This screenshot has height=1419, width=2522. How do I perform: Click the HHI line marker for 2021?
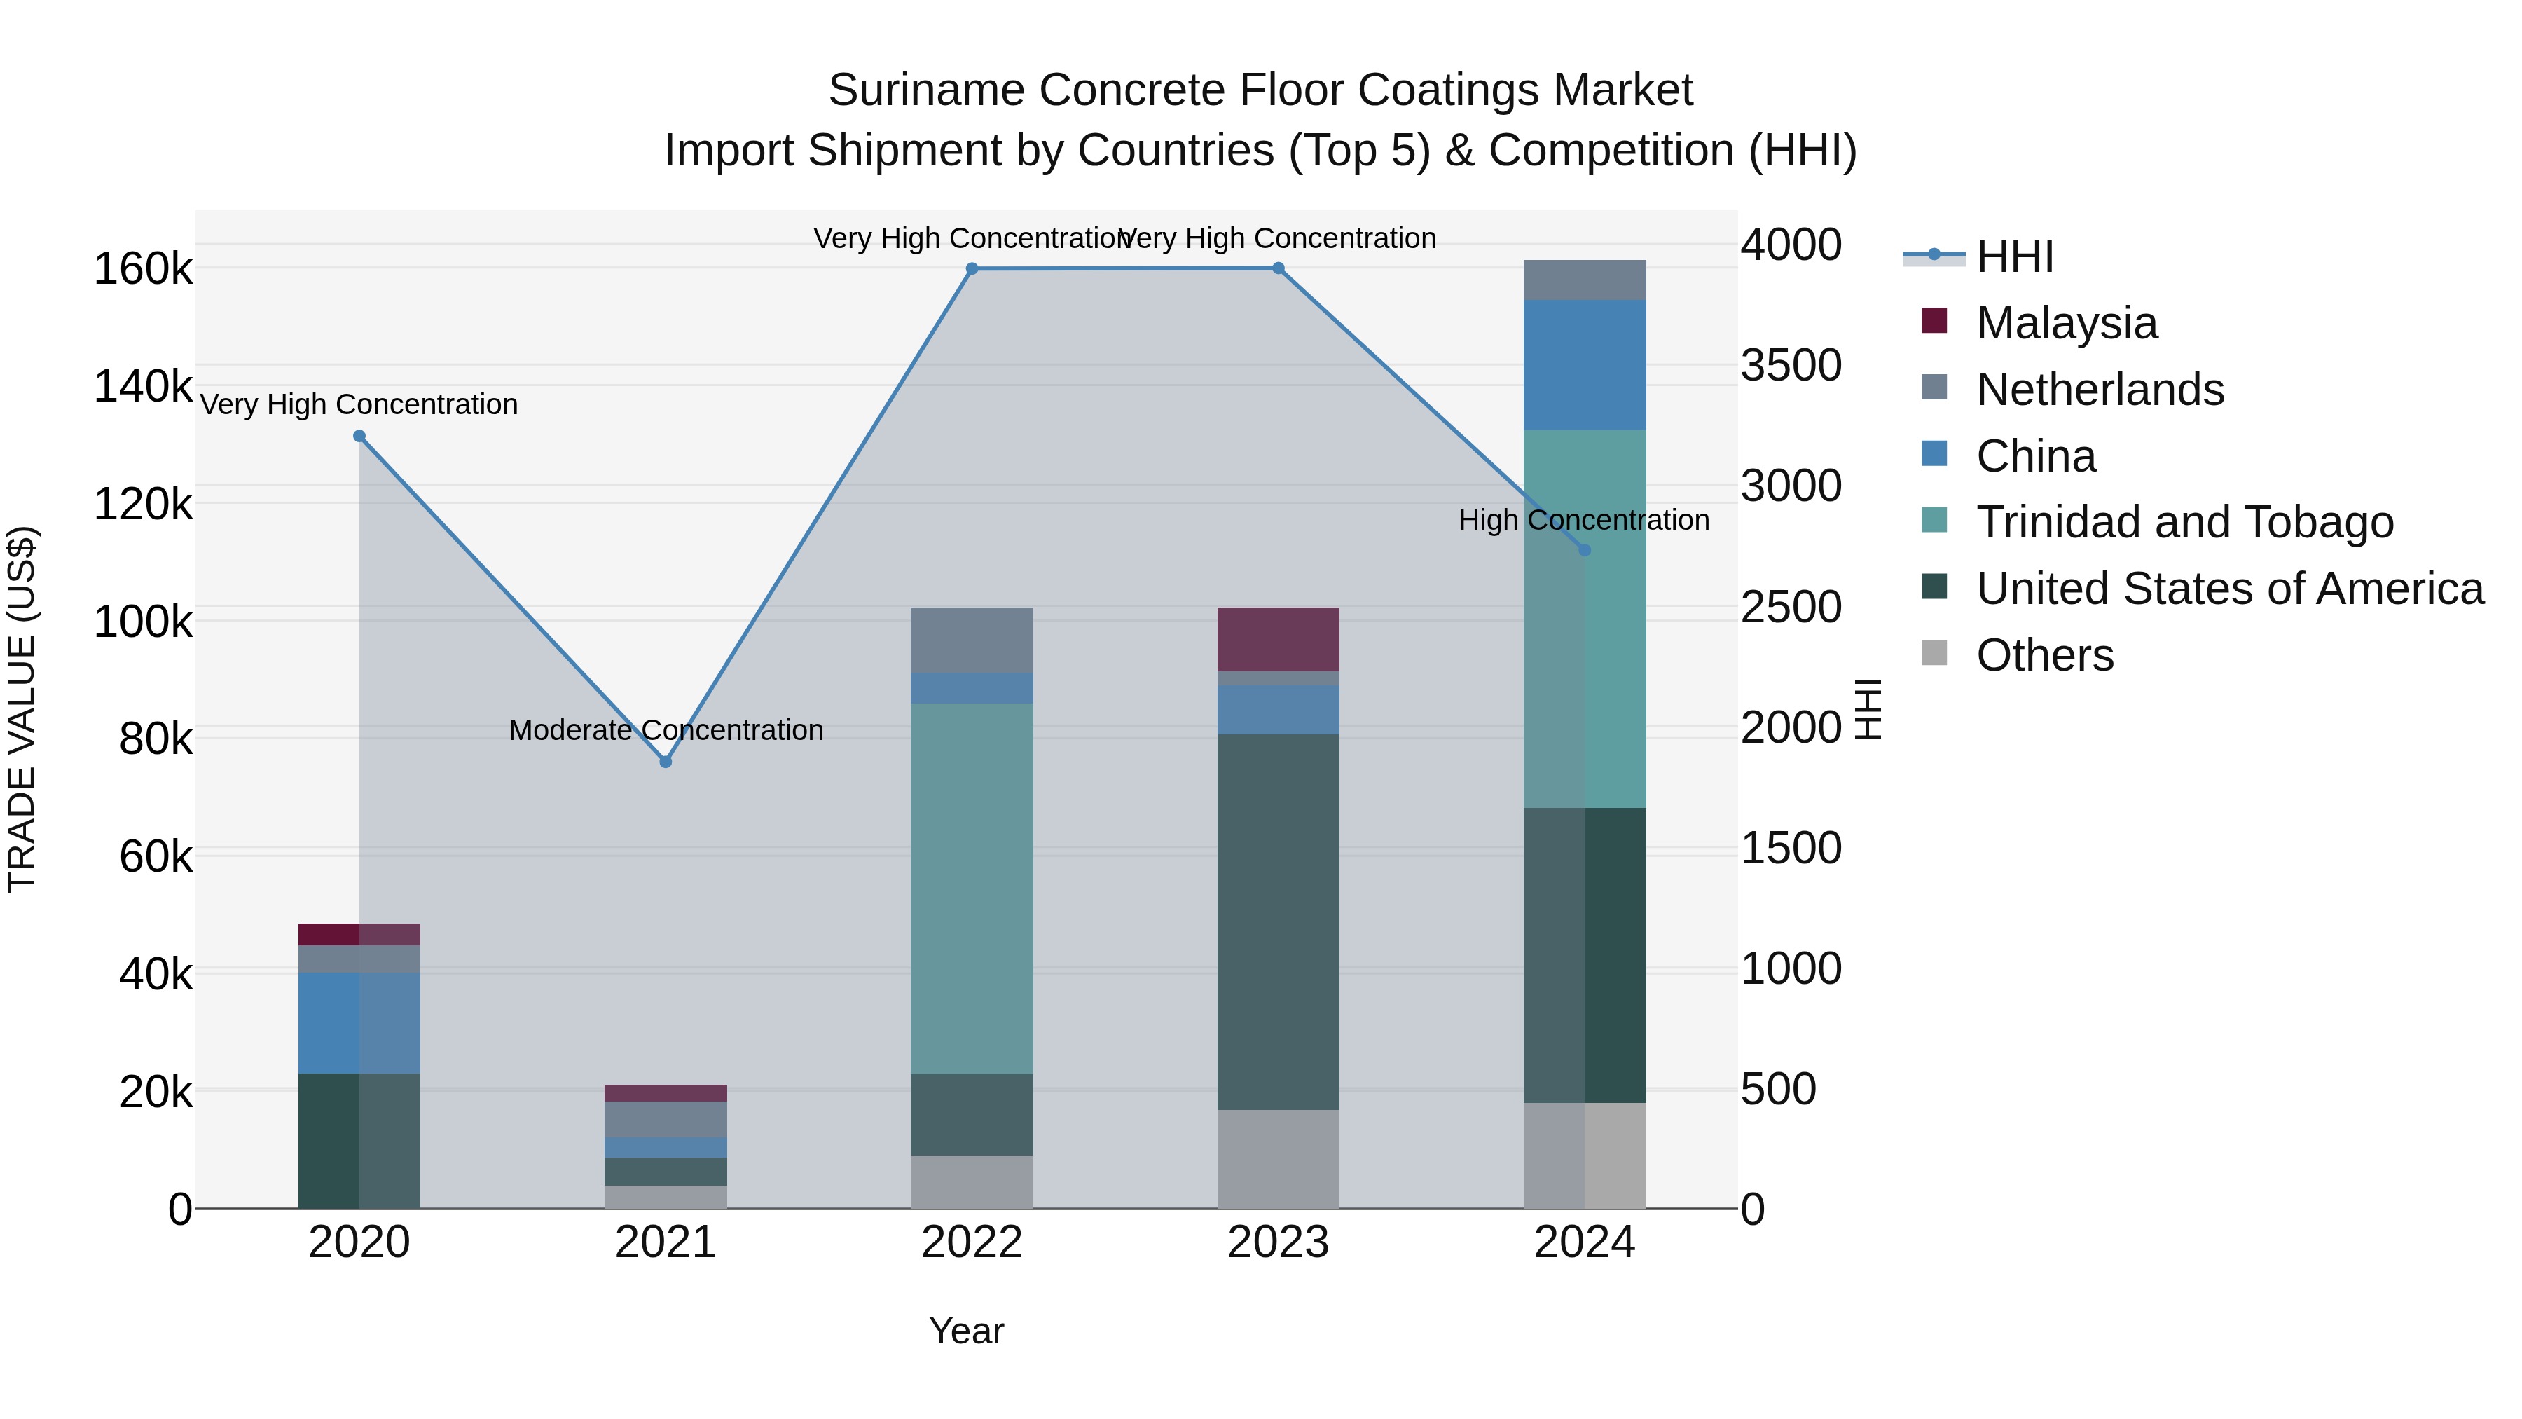tap(666, 761)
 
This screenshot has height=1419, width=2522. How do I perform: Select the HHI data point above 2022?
tap(972, 268)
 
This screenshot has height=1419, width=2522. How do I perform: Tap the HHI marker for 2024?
tap(1585, 549)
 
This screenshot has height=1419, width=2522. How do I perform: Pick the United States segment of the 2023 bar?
tap(1278, 921)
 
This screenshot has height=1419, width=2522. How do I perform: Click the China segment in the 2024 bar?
tap(1585, 364)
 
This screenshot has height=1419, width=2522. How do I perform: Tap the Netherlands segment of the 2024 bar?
tap(1585, 280)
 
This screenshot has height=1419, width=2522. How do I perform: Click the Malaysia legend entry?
tap(2066, 323)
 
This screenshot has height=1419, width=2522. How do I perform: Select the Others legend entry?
tap(2044, 655)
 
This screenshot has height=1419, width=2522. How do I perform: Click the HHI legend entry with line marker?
tap(2014, 256)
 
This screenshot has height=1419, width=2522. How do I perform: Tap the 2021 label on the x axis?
tap(666, 1242)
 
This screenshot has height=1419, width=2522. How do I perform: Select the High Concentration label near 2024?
tap(1583, 520)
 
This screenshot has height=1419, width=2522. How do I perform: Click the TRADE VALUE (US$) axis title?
tap(22, 709)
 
